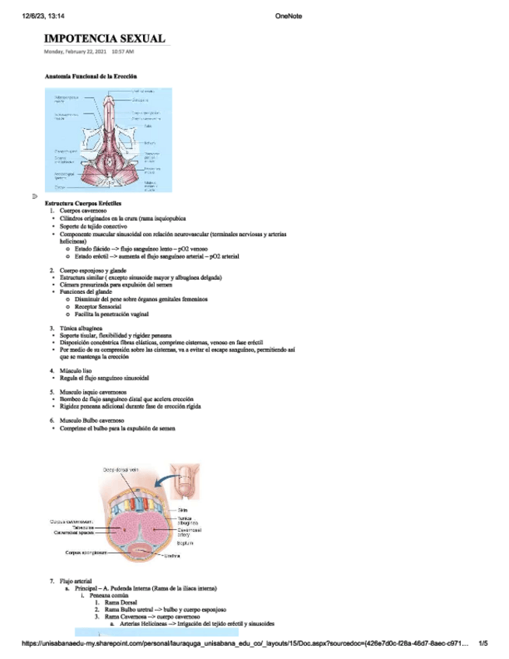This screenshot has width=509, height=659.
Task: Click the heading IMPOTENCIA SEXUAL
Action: pyautogui.click(x=104, y=39)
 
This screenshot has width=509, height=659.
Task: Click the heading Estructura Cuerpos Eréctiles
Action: pyautogui.click(x=83, y=204)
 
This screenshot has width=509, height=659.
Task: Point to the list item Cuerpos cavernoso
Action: pyautogui.click(x=83, y=211)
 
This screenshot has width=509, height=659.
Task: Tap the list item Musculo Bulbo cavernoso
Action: pyautogui.click(x=92, y=420)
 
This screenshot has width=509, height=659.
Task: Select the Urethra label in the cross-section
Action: pyautogui.click(x=173, y=556)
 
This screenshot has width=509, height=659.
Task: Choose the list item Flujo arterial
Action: pyautogui.click(x=75, y=581)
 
